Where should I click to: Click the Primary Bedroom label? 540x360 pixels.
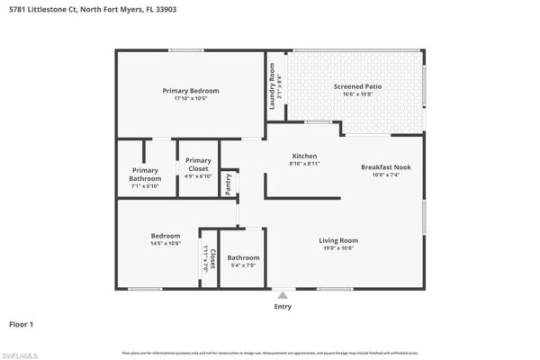coord(191,91)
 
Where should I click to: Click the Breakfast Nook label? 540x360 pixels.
coord(385,167)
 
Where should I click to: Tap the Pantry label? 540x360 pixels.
coord(229,183)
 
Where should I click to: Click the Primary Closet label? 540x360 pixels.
coord(197,164)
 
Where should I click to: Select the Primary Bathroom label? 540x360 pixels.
coord(145,175)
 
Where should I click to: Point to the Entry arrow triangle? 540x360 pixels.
coord(283,294)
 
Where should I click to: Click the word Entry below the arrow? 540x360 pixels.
coord(283,306)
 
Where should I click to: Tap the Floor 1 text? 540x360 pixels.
coord(20,323)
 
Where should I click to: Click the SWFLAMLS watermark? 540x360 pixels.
coord(20,355)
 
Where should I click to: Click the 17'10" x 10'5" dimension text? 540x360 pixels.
coord(191,98)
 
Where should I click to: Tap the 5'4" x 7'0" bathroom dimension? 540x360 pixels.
coord(244,265)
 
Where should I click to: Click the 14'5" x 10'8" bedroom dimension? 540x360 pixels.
coord(165,243)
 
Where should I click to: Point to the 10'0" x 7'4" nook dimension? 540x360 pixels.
coord(385,175)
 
